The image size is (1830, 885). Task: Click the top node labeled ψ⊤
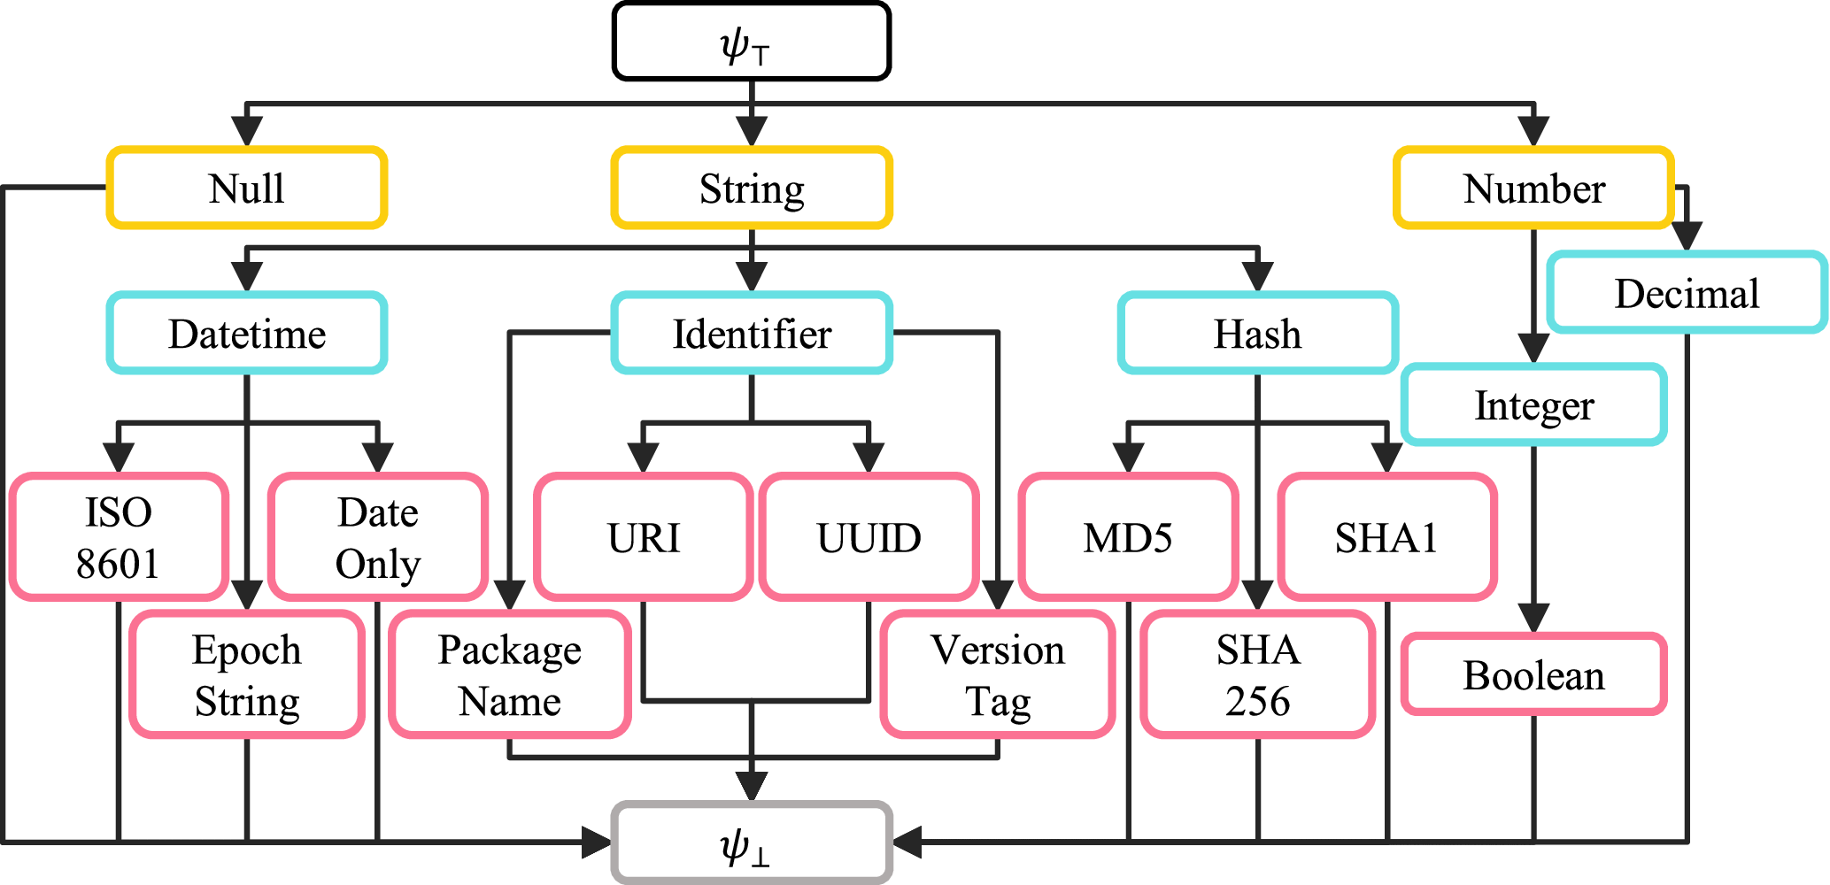(751, 42)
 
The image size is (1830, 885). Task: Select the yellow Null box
(247, 188)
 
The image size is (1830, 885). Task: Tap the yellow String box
(751, 188)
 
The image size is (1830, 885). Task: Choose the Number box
(1533, 188)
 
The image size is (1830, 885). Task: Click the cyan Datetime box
(247, 334)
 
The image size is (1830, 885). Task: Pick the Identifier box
(751, 334)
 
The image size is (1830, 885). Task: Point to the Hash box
(1257, 334)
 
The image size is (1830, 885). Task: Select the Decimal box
(1687, 293)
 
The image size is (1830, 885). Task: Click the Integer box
(1533, 405)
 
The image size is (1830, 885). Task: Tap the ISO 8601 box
(119, 537)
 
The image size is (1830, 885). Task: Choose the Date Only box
(378, 537)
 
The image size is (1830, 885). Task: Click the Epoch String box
(247, 674)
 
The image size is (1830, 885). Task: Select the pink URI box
(644, 537)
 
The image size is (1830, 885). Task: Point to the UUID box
(869, 537)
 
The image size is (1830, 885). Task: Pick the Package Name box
(510, 674)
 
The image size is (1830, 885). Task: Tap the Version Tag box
(998, 674)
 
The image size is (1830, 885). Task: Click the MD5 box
(1128, 537)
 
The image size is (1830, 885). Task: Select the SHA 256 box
(1257, 674)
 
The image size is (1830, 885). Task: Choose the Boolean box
(1533, 674)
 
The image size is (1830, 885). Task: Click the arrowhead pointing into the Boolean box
(1533, 618)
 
